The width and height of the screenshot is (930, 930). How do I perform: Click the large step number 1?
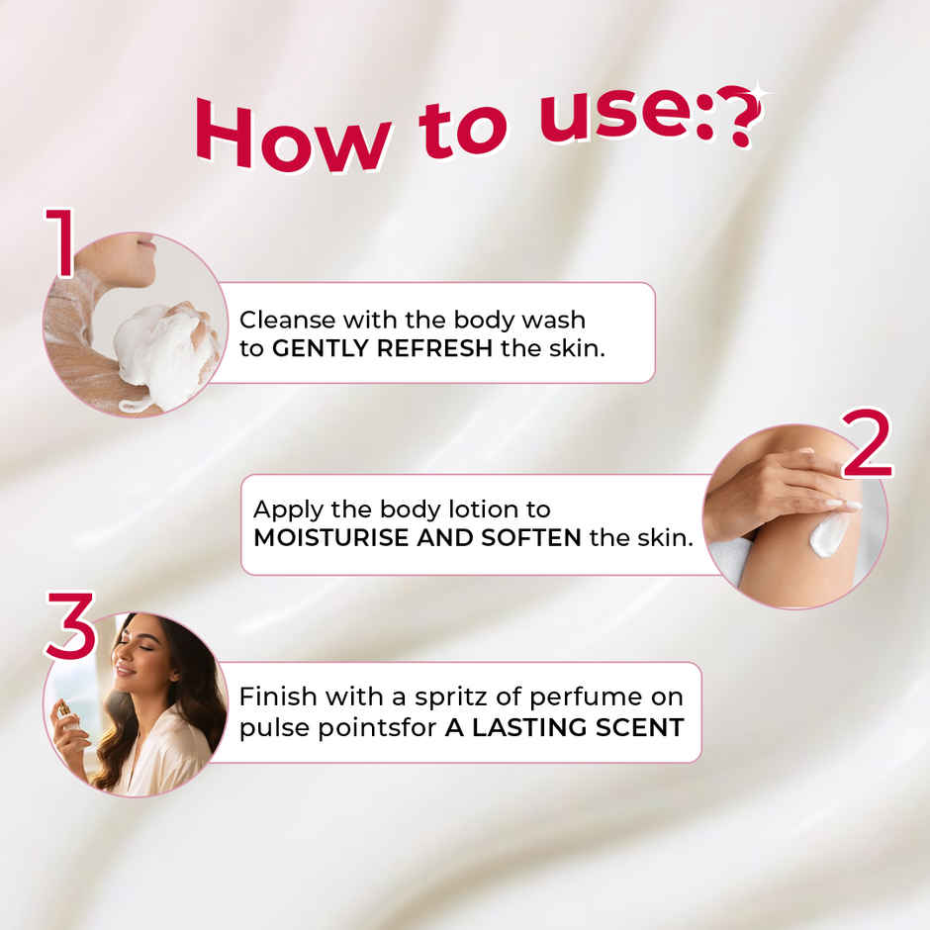pyautogui.click(x=60, y=242)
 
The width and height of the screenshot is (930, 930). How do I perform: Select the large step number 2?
pyautogui.click(x=867, y=442)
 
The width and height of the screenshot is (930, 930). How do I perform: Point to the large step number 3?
pyautogui.click(x=70, y=625)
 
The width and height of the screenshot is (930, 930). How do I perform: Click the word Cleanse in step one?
pyautogui.click(x=288, y=320)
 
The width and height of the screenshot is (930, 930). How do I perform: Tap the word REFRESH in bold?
pyautogui.click(x=434, y=348)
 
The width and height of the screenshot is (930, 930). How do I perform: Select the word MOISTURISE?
pyautogui.click(x=331, y=538)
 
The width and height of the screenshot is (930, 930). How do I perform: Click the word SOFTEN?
pyautogui.click(x=531, y=538)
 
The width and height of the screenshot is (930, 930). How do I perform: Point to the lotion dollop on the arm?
pyautogui.click(x=828, y=534)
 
